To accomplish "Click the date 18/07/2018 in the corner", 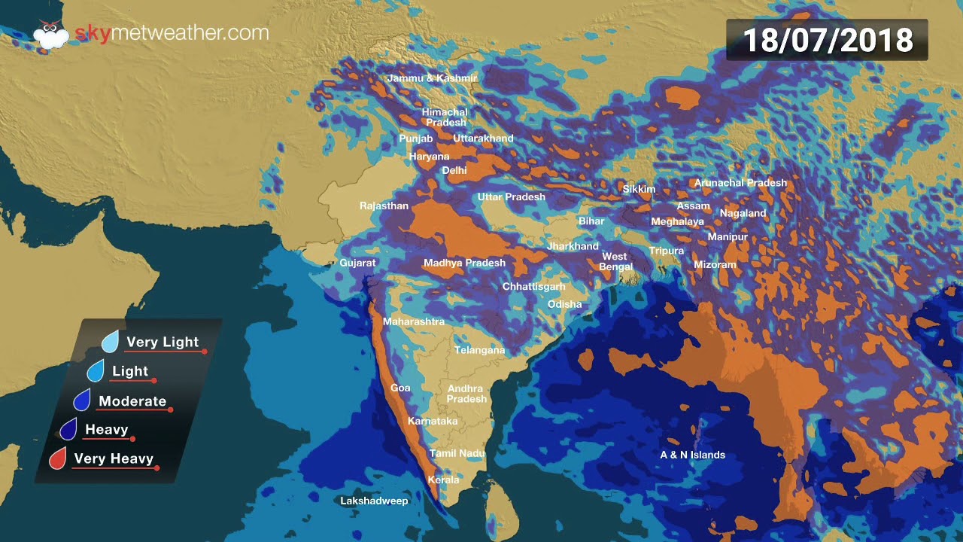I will click(828, 40).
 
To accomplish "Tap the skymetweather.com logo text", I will click(172, 33).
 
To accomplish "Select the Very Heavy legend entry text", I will click(114, 458).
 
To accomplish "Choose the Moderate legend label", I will click(132, 401).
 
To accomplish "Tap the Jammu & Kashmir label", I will click(432, 78).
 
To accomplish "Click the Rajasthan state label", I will click(384, 206).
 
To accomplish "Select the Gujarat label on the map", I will click(357, 263).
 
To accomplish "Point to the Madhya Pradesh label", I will click(464, 263).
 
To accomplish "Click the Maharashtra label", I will click(414, 321).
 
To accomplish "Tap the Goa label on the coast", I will click(400, 388).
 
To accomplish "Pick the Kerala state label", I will click(443, 480).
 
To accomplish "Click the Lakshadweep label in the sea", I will click(374, 501).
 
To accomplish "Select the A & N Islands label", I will click(692, 455).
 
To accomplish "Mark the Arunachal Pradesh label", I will click(740, 183).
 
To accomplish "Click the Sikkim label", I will click(639, 189).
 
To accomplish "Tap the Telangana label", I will click(479, 350).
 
